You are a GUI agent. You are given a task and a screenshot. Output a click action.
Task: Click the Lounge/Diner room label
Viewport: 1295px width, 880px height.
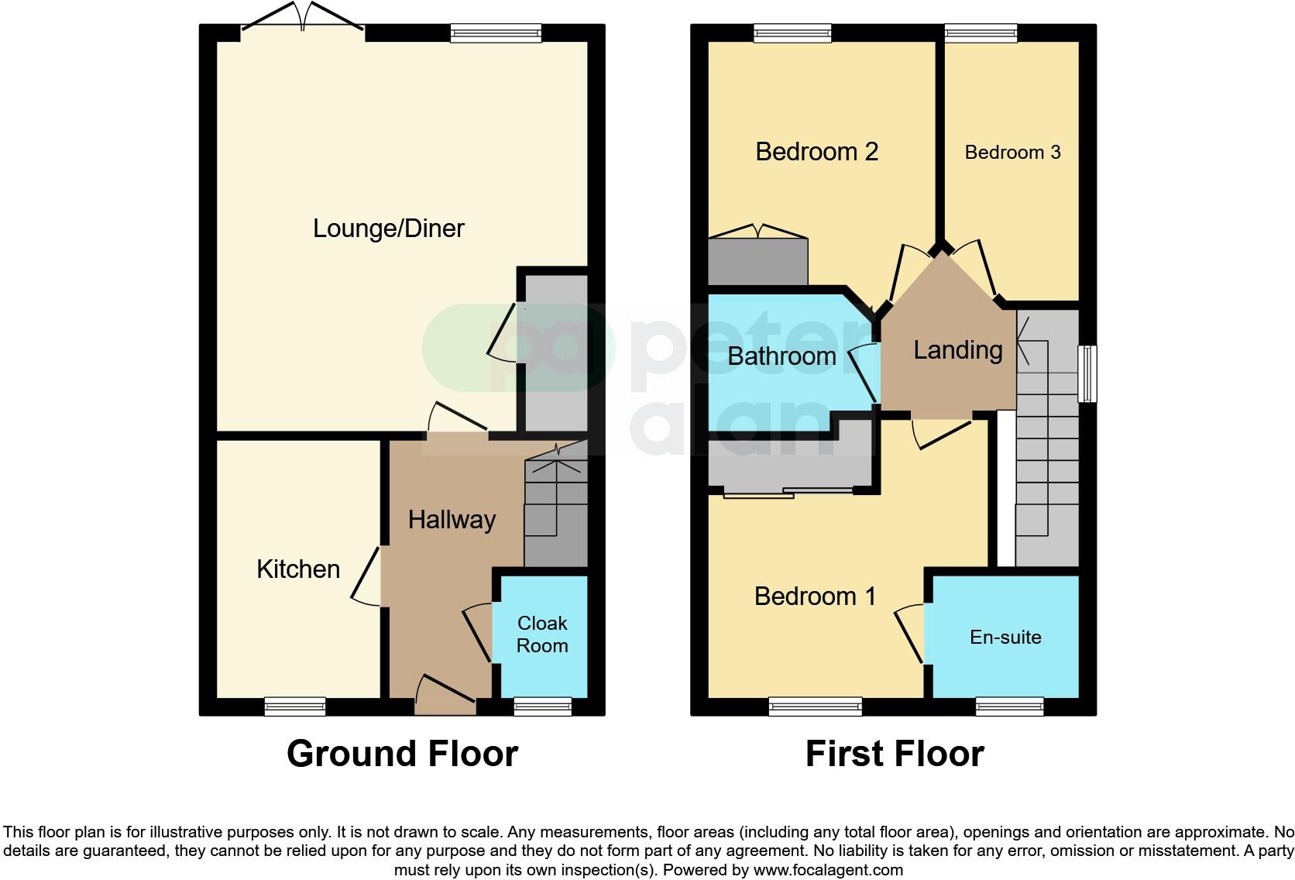[x=388, y=229]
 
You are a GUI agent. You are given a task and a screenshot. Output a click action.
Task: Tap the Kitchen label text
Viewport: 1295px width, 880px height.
[x=298, y=569]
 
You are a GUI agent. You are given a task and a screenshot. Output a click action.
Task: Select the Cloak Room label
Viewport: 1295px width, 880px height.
[x=542, y=634]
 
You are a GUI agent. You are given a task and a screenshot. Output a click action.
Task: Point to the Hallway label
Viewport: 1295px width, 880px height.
[x=452, y=520]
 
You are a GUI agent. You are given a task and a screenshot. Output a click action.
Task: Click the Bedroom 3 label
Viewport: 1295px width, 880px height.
[x=1012, y=153]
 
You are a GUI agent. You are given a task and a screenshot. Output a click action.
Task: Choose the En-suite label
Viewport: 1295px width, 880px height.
[x=1005, y=638]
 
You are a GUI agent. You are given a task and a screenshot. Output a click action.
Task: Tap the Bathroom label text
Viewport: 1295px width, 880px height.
[x=781, y=356]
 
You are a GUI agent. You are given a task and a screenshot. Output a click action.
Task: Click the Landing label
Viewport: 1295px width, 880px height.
[x=957, y=350]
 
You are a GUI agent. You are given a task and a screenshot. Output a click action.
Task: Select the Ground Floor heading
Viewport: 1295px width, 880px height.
[x=402, y=754]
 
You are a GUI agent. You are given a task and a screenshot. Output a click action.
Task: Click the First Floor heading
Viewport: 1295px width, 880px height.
[x=895, y=754]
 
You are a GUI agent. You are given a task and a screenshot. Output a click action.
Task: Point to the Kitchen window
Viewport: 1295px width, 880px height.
[x=295, y=706]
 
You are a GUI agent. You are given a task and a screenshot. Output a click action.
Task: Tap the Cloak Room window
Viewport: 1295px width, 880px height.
[x=543, y=706]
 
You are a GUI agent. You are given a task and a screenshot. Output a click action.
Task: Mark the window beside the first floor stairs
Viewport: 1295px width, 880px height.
[x=1087, y=373]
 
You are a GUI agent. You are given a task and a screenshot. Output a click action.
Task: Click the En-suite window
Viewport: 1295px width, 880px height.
[x=1009, y=706]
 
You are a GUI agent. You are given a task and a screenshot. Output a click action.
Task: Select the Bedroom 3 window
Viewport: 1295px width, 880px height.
[x=981, y=33]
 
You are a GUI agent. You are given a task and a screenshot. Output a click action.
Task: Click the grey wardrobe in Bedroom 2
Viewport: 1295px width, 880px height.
[x=757, y=262]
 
